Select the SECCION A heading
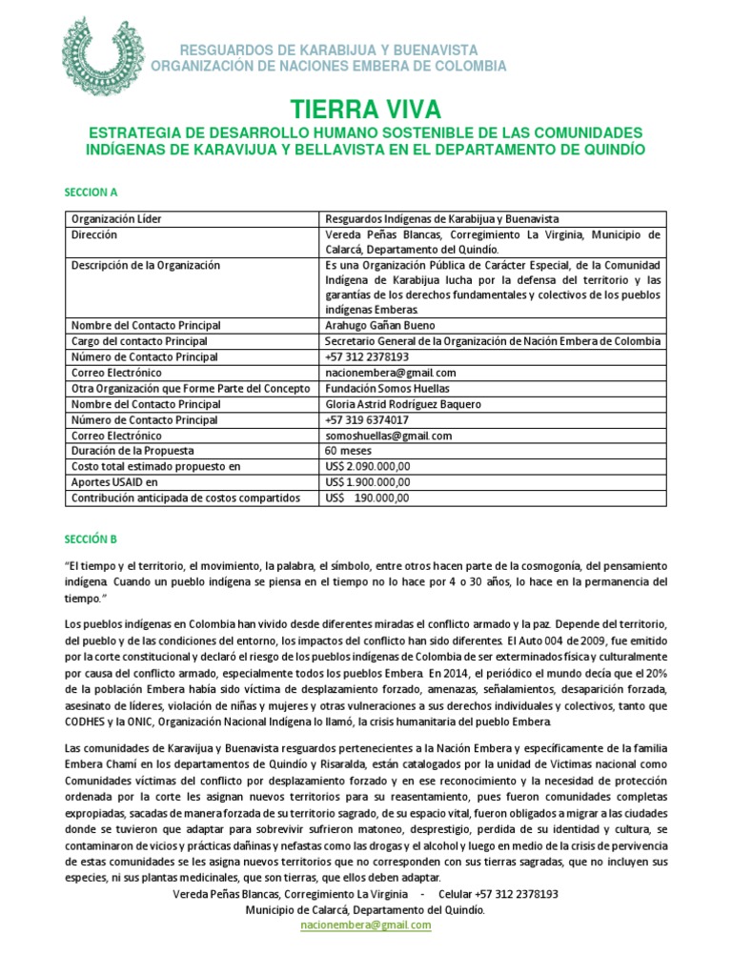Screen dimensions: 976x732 click(x=92, y=193)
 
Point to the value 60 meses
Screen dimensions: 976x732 click(x=345, y=451)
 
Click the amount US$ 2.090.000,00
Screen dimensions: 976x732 click(x=367, y=466)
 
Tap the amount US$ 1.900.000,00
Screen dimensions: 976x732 click(x=367, y=482)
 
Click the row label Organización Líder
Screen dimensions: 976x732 click(x=116, y=219)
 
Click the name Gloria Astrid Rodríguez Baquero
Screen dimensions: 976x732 click(x=403, y=404)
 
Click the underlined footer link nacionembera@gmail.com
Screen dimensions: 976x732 click(x=366, y=925)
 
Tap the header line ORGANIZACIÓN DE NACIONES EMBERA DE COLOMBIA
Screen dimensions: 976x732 click(x=329, y=66)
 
